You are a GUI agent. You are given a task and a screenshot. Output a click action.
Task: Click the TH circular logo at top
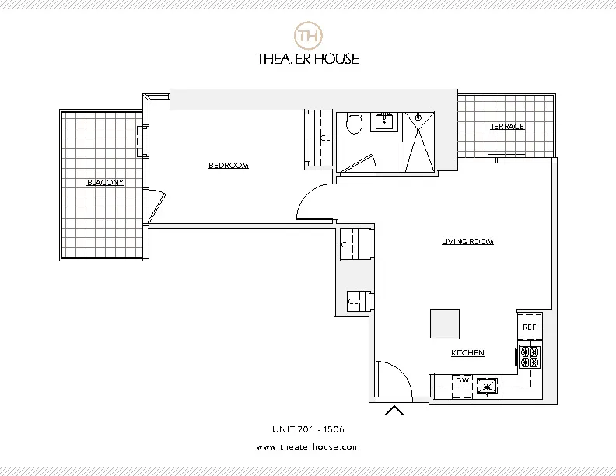pos(309,36)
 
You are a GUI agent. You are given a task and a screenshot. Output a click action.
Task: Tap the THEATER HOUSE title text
pos(309,58)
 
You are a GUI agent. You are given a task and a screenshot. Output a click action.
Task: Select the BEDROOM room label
pos(228,165)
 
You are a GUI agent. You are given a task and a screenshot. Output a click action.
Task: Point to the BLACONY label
pos(105,182)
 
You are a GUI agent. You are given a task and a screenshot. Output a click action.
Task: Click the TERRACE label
pos(506,126)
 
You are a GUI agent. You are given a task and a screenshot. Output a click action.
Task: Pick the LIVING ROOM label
pos(467,241)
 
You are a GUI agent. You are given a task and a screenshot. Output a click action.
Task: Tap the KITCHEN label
pos(467,353)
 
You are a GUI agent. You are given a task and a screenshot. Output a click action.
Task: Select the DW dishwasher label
pos(462,381)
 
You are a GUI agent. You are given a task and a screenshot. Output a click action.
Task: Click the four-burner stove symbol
pos(530,356)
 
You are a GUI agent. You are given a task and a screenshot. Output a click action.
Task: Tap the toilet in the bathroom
pos(354,123)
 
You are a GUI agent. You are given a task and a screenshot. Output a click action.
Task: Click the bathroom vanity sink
pos(384,121)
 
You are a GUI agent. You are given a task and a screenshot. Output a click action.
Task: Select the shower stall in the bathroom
pos(421,141)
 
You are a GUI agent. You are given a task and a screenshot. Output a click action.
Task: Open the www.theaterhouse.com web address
pos(308,446)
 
